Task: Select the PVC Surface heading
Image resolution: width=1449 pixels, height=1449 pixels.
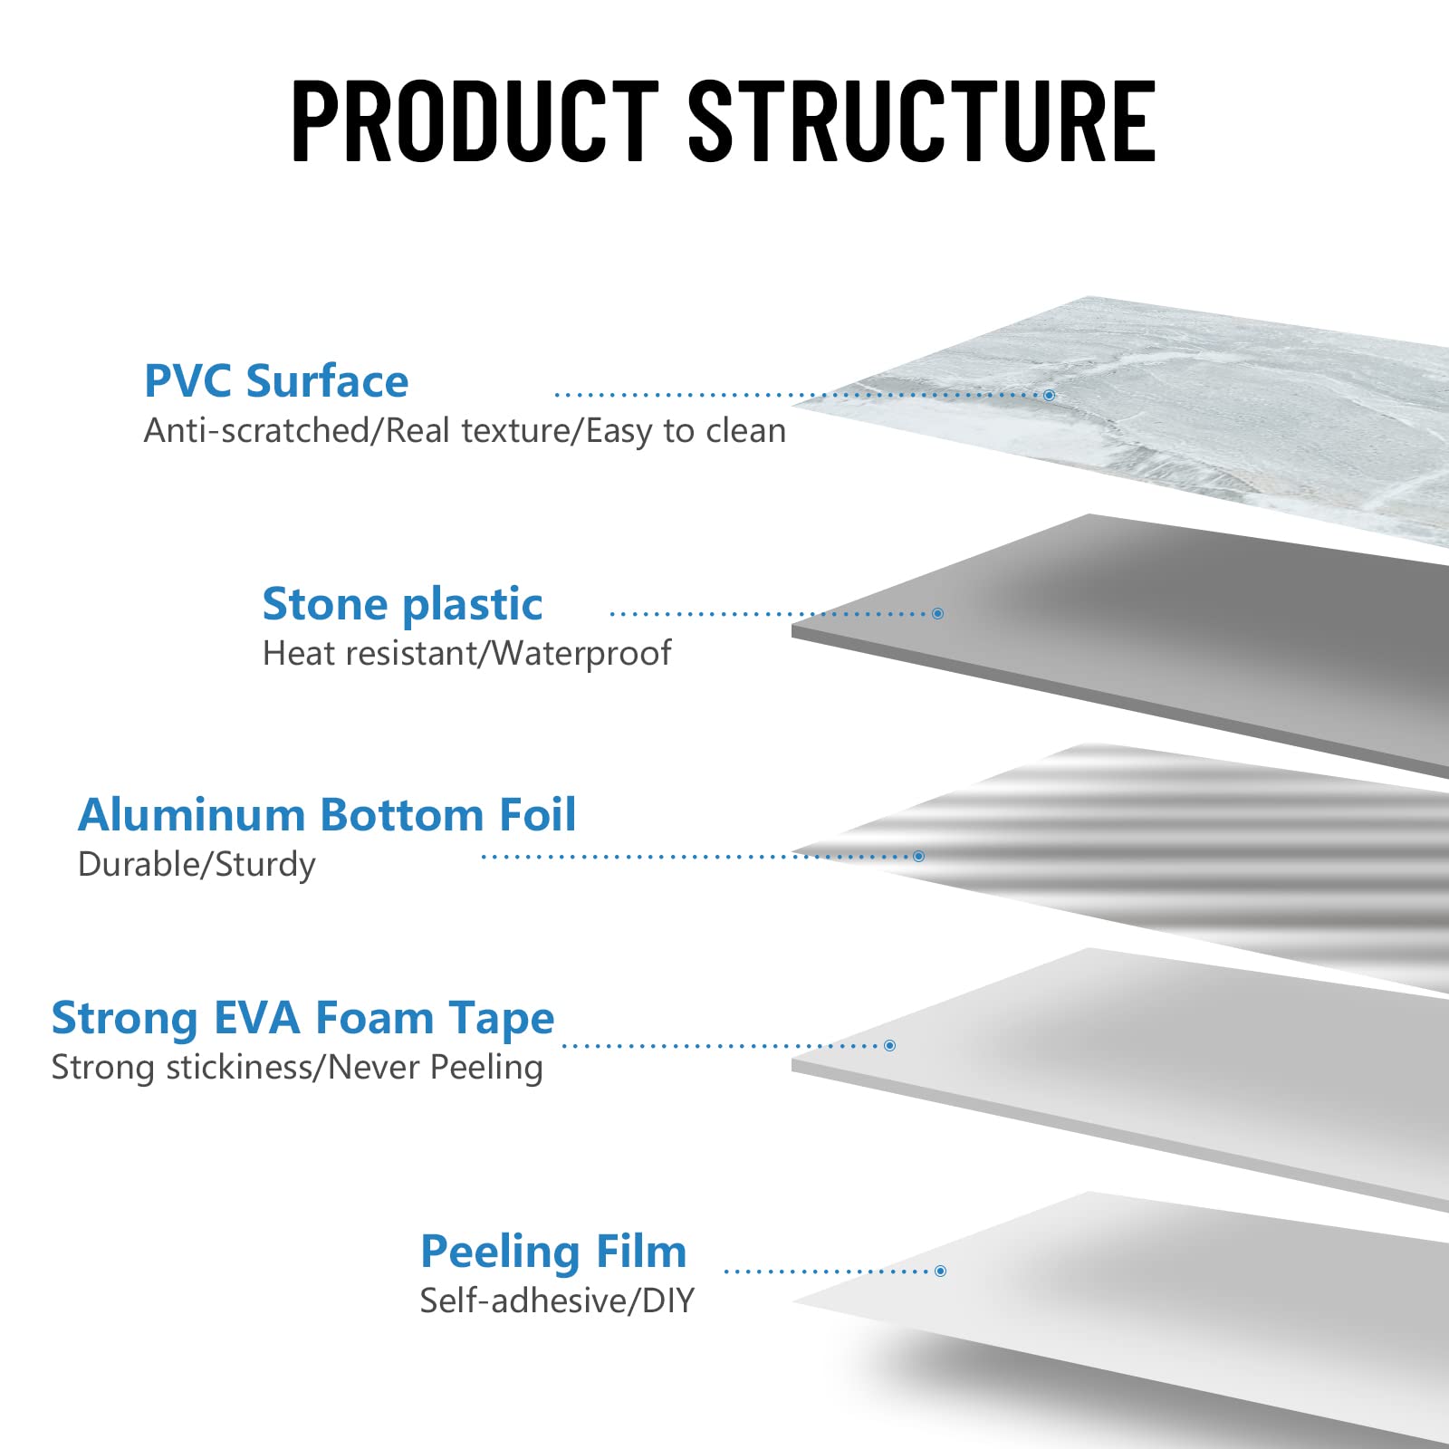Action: point(276,381)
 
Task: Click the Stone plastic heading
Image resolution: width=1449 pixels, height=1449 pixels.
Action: point(402,604)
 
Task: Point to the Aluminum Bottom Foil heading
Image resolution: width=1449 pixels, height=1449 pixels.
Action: point(327,815)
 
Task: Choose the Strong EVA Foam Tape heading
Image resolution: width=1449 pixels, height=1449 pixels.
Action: point(302,1019)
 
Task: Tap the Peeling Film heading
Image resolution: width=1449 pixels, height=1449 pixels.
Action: point(553,1252)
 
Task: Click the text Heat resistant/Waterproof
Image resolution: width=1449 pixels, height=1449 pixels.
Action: point(466,653)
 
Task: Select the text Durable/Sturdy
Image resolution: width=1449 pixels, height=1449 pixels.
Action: point(197,865)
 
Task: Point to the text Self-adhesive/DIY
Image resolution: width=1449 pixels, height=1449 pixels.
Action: point(557,1301)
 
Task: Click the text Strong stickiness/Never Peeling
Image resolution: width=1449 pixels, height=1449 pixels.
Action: point(297,1068)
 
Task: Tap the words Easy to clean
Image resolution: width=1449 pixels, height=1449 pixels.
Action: point(686,431)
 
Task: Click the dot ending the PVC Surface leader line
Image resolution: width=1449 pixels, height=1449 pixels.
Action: point(1049,395)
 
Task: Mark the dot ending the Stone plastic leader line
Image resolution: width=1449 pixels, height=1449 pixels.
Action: point(937,614)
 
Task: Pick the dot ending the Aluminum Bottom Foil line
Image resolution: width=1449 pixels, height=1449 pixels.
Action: point(918,856)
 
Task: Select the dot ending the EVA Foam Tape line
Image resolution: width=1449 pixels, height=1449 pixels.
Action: point(889,1046)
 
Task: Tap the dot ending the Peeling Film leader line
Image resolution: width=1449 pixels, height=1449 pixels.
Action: point(940,1271)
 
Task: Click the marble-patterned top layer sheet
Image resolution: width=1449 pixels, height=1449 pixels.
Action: point(1223,408)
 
